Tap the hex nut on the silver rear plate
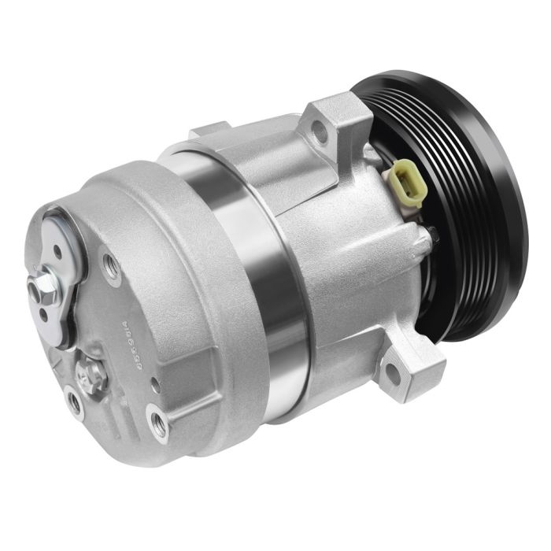click(45, 281)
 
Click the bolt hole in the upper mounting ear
click(320, 131)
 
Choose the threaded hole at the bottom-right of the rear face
click(160, 426)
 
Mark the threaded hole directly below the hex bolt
click(74, 403)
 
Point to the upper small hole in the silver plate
click(57, 253)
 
